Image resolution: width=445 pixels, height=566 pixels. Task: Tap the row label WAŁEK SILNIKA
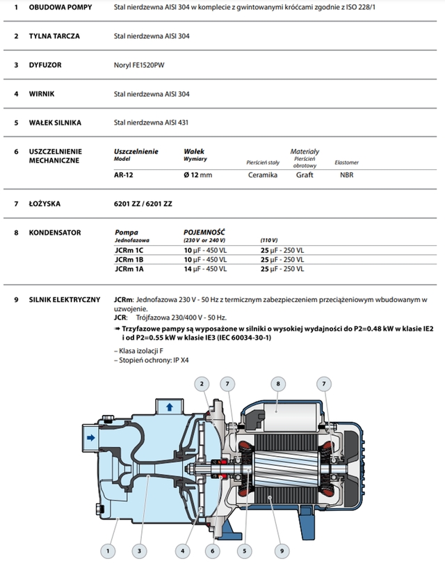click(x=55, y=123)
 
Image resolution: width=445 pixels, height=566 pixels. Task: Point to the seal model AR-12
click(x=124, y=175)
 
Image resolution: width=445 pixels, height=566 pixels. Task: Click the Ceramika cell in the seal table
click(x=262, y=175)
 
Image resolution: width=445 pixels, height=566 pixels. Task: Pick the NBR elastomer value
click(x=346, y=175)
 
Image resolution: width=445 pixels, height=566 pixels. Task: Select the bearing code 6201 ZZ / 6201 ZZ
click(x=143, y=204)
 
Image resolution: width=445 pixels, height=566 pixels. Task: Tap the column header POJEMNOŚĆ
click(x=204, y=233)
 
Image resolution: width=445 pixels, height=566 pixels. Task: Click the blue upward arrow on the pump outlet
click(x=169, y=406)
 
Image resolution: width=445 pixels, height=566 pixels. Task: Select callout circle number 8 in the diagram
click(x=277, y=383)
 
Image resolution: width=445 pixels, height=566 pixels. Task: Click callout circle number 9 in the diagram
click(x=282, y=550)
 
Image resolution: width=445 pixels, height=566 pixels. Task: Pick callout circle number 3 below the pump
click(x=140, y=550)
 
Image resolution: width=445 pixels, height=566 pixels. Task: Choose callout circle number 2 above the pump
click(x=202, y=383)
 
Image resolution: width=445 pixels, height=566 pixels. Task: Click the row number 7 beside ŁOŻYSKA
click(x=15, y=204)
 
